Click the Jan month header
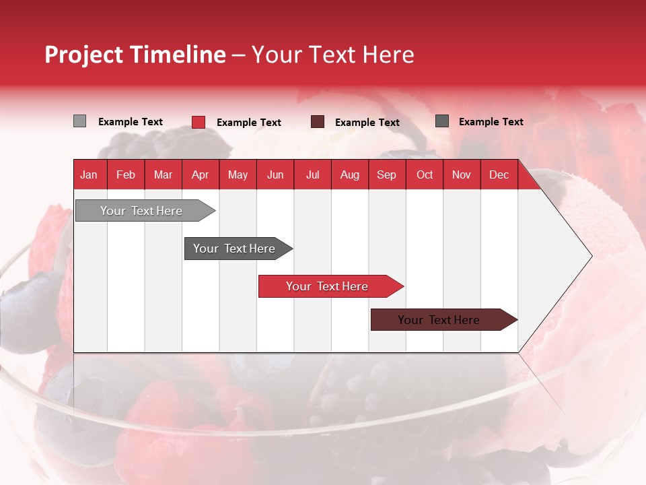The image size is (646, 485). coord(89,174)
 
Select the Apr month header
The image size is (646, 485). coord(200,174)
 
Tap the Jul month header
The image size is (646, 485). coord(312,174)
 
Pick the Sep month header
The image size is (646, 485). coord(386,174)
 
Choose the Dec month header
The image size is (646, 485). coord(499,174)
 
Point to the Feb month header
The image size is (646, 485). coord(126,174)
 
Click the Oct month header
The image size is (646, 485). coord(425,174)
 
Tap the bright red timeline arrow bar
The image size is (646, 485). coord(328,286)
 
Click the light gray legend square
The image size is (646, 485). coord(79,121)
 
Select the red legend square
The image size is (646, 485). coord(199,122)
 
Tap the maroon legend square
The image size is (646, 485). coord(318,122)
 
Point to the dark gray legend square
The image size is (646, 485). coord(441,121)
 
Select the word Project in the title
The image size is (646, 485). coord(85,55)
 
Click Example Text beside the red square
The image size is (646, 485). coord(249,123)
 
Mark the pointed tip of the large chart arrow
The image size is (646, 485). coord(591,256)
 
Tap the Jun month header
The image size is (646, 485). coord(275,174)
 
